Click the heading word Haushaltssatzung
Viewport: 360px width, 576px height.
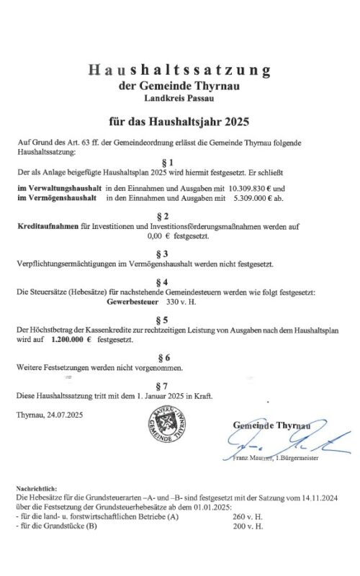tap(179, 70)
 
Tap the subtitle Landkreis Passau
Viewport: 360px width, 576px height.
tap(179, 98)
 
